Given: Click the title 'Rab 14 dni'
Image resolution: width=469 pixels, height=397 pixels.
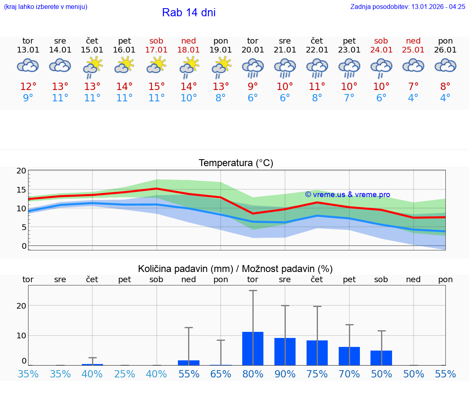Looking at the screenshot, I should [188, 13].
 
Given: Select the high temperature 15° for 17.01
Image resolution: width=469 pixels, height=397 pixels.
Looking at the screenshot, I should [156, 86].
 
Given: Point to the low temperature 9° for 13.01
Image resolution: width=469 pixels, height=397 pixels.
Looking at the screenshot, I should [28, 98].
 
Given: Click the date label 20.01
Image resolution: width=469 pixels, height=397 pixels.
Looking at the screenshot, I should [252, 50].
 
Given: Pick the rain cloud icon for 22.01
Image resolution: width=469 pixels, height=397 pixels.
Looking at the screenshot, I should [317, 67].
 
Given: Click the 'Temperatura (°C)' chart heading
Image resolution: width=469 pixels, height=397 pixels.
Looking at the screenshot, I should [236, 163].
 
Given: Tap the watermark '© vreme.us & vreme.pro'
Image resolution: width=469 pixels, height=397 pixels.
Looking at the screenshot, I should [347, 195].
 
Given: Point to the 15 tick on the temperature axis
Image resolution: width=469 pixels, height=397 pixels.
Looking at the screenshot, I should [21, 190].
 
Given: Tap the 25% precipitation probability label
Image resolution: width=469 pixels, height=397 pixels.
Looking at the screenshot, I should [124, 374].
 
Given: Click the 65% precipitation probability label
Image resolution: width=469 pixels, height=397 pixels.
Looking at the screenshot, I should [220, 374].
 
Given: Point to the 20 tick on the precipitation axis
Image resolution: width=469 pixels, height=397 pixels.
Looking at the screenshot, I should [21, 306].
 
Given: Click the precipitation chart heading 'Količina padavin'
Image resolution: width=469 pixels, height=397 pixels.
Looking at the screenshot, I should [235, 269].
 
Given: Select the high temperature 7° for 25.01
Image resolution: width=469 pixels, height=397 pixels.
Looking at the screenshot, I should [413, 86].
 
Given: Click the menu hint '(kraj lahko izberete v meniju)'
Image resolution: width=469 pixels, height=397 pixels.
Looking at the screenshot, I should [46, 7].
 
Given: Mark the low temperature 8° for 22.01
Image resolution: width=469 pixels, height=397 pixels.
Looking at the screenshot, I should [317, 98].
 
